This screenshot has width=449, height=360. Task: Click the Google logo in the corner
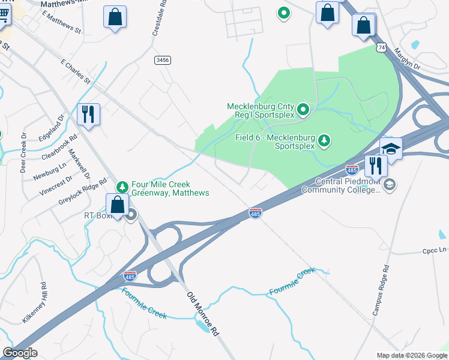point(20,353)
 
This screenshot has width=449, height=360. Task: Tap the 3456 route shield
point(162,59)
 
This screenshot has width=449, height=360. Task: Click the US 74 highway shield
point(382,47)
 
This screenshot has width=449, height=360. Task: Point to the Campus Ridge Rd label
point(381,290)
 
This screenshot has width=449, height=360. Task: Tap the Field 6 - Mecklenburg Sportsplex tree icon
point(324,140)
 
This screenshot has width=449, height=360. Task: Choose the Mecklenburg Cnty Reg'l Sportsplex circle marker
point(303,109)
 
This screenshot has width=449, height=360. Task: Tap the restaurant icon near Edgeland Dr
point(88,114)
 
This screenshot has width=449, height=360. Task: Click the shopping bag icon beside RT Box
point(118,204)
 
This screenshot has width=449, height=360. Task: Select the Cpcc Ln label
point(435,250)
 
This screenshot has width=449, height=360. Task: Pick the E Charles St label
point(76,71)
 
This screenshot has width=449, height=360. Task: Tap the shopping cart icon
point(5,15)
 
